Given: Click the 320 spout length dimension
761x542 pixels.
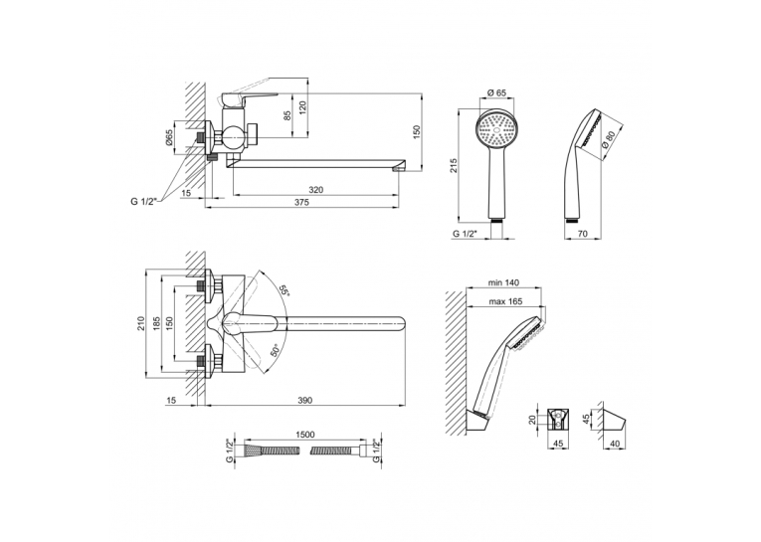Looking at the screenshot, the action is [316, 190].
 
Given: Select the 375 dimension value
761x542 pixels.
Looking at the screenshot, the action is [301, 203].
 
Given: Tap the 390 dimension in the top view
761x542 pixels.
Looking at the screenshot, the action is [305, 401].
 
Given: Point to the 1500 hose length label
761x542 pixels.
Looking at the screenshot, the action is [304, 435].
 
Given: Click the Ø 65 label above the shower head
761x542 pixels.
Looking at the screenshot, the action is [496, 92].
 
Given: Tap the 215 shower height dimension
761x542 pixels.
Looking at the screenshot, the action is [454, 165].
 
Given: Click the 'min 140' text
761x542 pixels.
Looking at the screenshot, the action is [504, 282].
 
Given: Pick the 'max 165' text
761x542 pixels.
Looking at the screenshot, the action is [505, 301].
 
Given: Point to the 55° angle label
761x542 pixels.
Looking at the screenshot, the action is [284, 290].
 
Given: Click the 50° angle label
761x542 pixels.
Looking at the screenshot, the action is [275, 351].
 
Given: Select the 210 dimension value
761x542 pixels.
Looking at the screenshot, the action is [140, 323].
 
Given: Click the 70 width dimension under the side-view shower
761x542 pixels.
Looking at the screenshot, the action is [583, 234].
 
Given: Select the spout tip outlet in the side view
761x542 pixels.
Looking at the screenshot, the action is [399, 168].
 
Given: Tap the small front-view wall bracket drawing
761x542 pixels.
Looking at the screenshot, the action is [558, 419].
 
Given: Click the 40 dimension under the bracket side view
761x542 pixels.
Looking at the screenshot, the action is [614, 444].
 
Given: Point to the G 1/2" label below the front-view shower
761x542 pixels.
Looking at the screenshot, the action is [465, 234].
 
